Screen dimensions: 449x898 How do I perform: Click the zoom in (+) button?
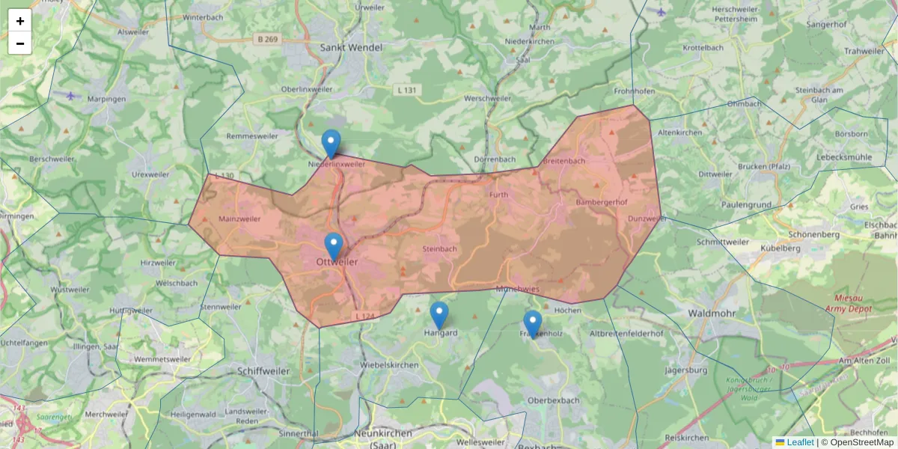pyautogui.click(x=20, y=21)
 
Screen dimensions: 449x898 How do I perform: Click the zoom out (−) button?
pyautogui.click(x=20, y=43)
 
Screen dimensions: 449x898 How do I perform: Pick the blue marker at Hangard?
pyautogui.click(x=439, y=315)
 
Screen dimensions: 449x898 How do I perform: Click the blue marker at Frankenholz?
pyautogui.click(x=532, y=324)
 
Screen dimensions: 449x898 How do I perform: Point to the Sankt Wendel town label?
pyautogui.click(x=351, y=47)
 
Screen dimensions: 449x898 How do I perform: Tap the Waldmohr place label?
pyautogui.click(x=712, y=313)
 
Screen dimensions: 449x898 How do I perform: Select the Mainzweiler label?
pyautogui.click(x=239, y=219)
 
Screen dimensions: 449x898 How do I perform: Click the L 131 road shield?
pyautogui.click(x=406, y=90)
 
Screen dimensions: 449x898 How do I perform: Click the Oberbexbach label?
pyautogui.click(x=554, y=400)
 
